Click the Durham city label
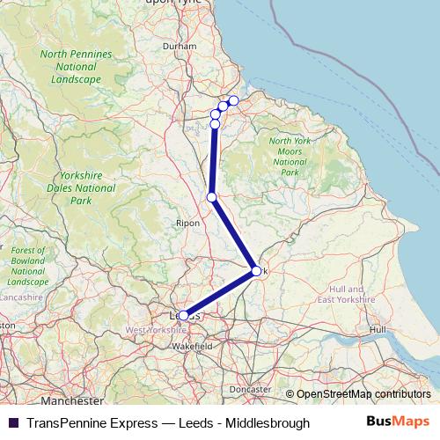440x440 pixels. pos(179,45)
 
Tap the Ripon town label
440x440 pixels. pos(188,224)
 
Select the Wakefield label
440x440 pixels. pos(193,347)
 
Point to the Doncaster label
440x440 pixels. pos(249,389)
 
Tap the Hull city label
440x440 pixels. pos(378,329)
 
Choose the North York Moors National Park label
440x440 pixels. pos(289,157)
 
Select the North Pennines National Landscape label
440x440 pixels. pos(77,67)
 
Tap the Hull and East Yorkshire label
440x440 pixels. pos(346,294)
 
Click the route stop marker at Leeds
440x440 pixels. pos(183,315)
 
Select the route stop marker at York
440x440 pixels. pos(256,271)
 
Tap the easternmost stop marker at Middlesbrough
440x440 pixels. pos(233,100)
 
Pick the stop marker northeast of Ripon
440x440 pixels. pos(211,196)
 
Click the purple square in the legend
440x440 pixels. pos(12,422)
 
